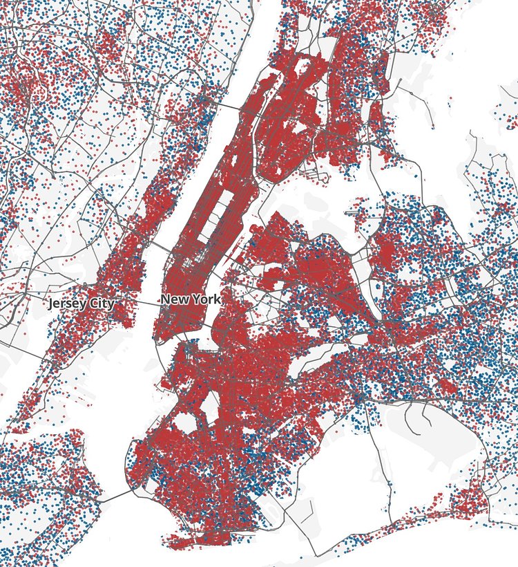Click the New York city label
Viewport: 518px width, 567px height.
click(191, 299)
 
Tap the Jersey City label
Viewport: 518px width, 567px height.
click(81, 304)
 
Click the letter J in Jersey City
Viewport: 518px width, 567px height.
click(52, 304)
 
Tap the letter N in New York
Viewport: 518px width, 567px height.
click(165, 299)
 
